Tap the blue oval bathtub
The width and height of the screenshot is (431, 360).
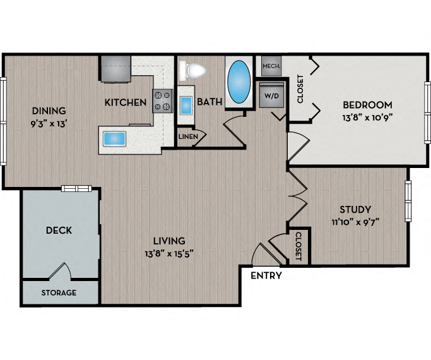coord(239,82)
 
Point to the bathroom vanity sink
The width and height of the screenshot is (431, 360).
coord(186,105)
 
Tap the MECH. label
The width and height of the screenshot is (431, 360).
coord(271,65)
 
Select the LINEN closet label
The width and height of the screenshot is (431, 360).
coord(188,136)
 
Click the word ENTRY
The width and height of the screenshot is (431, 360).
coord(266,276)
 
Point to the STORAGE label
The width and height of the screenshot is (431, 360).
coord(59,293)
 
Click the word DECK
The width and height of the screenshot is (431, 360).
coord(59,231)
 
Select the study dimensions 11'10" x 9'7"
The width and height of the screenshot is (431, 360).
coord(355,221)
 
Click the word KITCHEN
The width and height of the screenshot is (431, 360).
coord(126,102)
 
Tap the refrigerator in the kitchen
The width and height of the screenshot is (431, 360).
coord(115,68)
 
